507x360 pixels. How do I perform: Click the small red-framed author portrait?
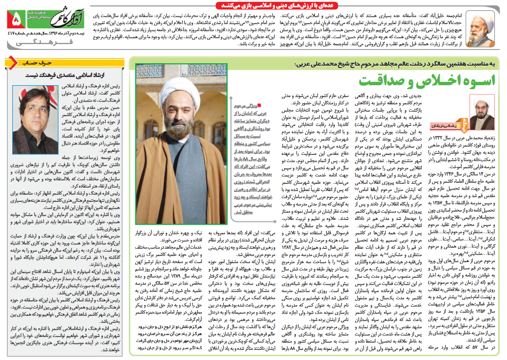tap(482, 110)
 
